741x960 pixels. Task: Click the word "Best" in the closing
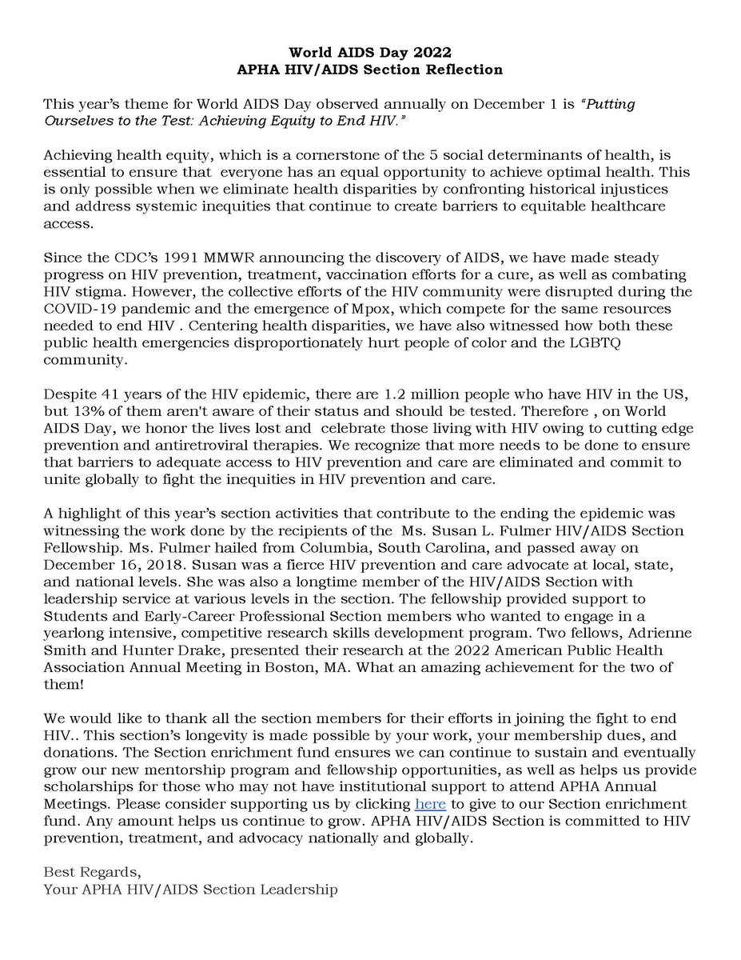[58, 873]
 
